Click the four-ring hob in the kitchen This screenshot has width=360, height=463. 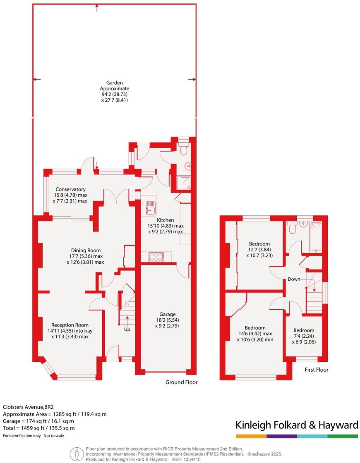coord(156,257)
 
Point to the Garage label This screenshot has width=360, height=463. coord(166,314)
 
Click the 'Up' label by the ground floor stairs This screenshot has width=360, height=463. coord(127,329)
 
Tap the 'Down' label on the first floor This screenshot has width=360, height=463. coord(294,279)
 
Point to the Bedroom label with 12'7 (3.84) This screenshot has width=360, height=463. coord(259,244)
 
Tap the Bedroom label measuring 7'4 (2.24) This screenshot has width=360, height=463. coord(304,330)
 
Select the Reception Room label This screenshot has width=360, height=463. coord(70,325)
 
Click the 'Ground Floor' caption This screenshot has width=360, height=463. coord(181,382)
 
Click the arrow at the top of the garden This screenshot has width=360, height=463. coord(97,7)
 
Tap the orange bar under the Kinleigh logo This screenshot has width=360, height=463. coord(251,436)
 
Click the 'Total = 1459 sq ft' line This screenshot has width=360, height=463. coord(39,428)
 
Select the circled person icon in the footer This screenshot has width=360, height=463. coord(77,454)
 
